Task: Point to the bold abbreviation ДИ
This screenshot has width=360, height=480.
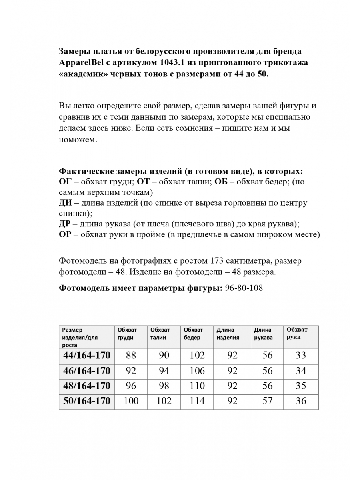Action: [x=65, y=203]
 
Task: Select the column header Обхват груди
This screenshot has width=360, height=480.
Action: [x=127, y=334]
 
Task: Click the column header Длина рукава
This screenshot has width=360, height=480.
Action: [x=263, y=334]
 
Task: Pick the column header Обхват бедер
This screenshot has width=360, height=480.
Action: [x=194, y=334]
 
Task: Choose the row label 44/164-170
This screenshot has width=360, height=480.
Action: [x=87, y=355]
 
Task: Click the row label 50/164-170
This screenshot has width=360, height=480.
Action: [x=87, y=401]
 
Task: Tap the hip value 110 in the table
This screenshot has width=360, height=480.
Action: [x=197, y=386]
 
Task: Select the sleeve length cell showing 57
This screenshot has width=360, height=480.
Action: [x=267, y=401]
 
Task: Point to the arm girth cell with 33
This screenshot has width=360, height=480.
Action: [x=301, y=355]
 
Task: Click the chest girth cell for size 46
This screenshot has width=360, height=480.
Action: [x=131, y=371]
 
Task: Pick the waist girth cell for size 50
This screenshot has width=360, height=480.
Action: [x=164, y=401]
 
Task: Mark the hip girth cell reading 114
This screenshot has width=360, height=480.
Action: [x=197, y=401]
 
